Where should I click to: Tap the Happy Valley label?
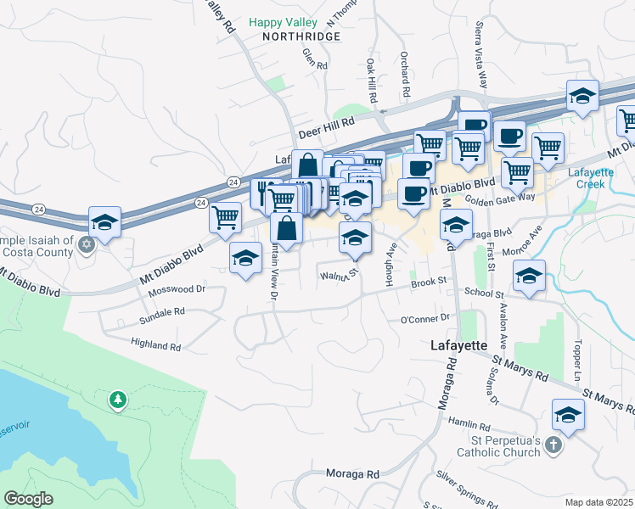coord(284,23)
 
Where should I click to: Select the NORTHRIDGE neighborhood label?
coord(301,37)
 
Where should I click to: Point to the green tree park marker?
coord(117,399)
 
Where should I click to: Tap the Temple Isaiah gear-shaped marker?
coord(86,245)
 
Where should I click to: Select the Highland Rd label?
coord(156,346)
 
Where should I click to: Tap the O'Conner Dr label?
coord(424,321)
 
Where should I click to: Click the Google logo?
coord(29,499)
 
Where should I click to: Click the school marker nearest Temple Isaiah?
coord(105,223)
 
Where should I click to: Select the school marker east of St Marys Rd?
coord(568,416)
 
